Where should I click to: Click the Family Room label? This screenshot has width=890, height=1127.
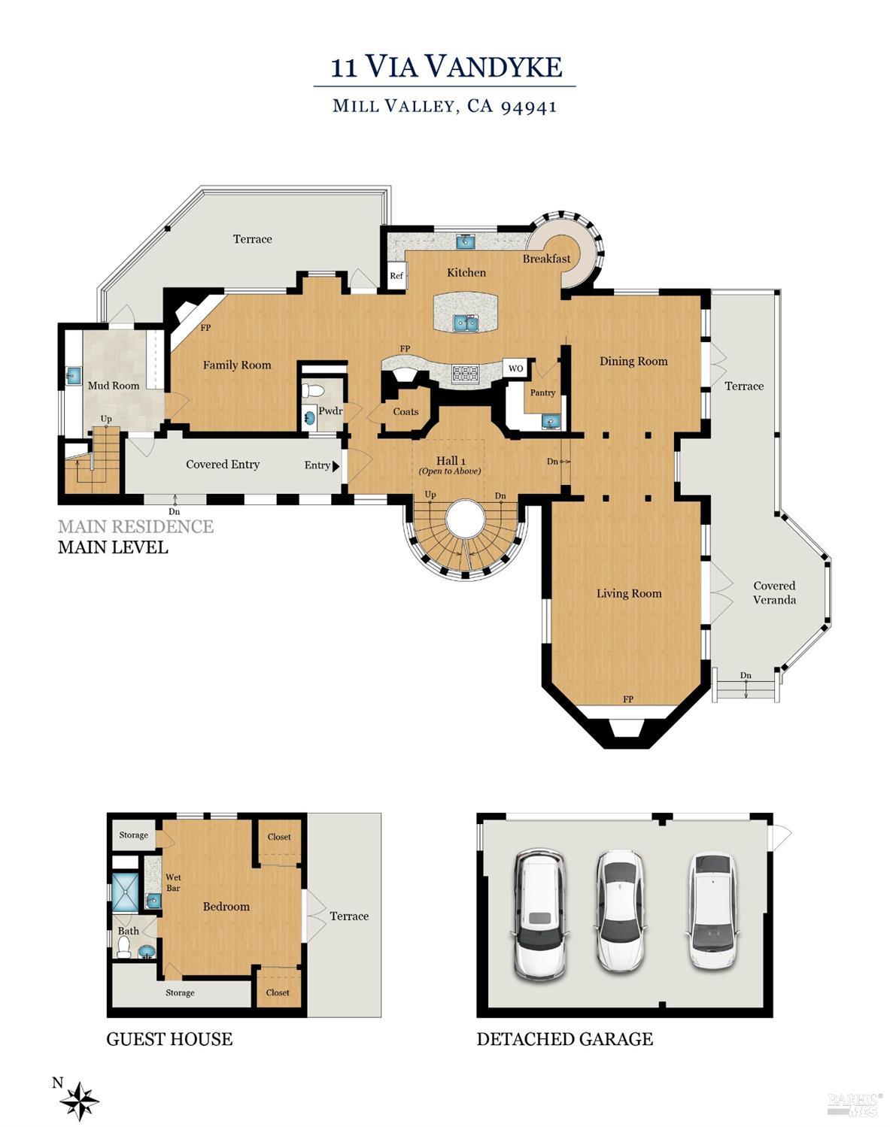237,365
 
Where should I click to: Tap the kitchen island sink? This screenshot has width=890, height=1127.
466,323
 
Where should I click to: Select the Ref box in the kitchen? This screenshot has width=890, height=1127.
396,275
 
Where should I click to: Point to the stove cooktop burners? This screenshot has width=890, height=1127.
465,374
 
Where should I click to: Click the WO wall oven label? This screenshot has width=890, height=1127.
516,368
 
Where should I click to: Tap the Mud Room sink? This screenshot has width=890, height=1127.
74,375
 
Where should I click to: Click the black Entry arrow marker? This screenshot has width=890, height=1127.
336,465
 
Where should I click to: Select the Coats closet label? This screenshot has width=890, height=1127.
406,411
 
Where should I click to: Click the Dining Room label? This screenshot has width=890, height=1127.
633,361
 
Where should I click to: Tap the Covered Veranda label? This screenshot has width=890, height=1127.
774,593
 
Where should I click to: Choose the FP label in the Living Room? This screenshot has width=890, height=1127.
628,699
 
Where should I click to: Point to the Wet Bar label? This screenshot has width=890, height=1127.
173,883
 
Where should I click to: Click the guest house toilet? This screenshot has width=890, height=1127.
123,947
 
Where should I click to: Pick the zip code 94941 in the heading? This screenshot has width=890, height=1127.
528,107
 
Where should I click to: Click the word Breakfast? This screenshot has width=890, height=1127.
546,259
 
